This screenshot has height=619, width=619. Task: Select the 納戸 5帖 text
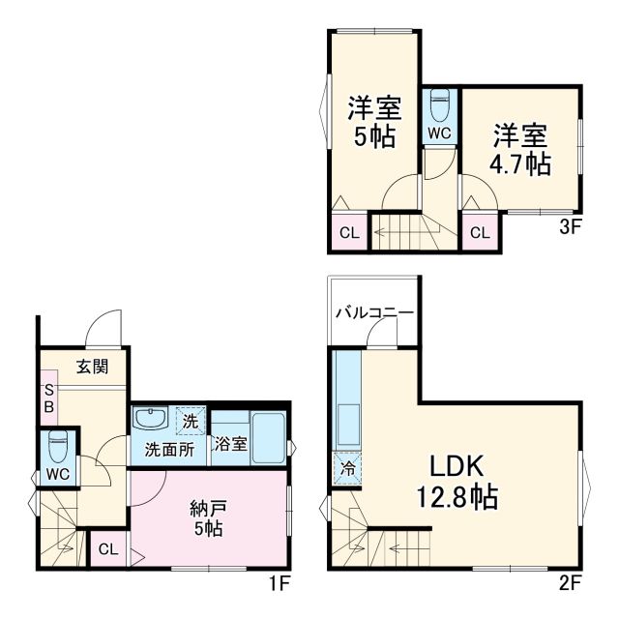tap(207, 517)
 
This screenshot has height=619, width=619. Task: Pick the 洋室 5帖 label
tap(373, 121)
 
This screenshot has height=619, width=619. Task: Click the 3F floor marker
tap(569, 230)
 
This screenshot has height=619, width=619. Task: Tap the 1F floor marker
tap(279, 583)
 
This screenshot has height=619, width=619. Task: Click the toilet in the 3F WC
tap(439, 103)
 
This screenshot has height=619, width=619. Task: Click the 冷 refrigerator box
tap(345, 469)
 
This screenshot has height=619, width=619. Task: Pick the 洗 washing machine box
tap(191, 421)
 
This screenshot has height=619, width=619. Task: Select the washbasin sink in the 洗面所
tap(150, 419)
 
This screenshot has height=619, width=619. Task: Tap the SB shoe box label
tap(47, 398)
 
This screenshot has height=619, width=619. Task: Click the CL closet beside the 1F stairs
tap(109, 548)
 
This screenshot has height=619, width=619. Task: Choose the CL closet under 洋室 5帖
tap(348, 232)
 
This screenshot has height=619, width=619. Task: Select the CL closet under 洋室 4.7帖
tap(480, 232)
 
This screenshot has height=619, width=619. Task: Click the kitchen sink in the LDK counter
tap(346, 421)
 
